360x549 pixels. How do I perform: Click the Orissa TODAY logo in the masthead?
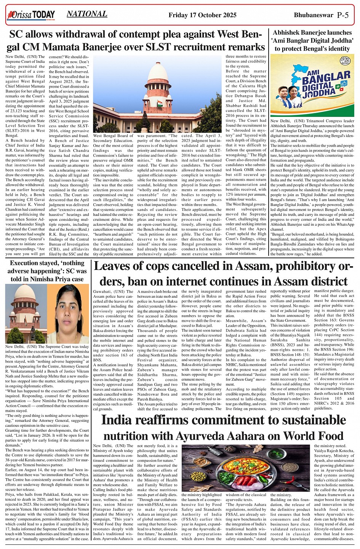click(31, 16)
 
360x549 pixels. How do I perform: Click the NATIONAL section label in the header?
click(87, 14)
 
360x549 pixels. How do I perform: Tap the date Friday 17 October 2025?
click(202, 15)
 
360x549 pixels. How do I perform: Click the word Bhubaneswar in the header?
click(314, 15)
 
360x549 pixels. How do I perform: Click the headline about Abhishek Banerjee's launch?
click(312, 41)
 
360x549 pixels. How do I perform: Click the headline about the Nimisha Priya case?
click(47, 271)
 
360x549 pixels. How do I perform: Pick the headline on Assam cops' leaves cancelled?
click(221, 274)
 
